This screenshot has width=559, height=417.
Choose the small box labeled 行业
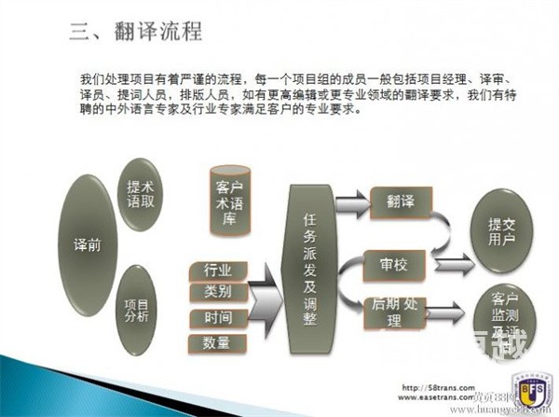point(218,270)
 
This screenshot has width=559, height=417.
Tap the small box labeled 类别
point(218,292)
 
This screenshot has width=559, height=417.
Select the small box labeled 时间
point(218,318)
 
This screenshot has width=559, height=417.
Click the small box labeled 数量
point(218,343)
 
